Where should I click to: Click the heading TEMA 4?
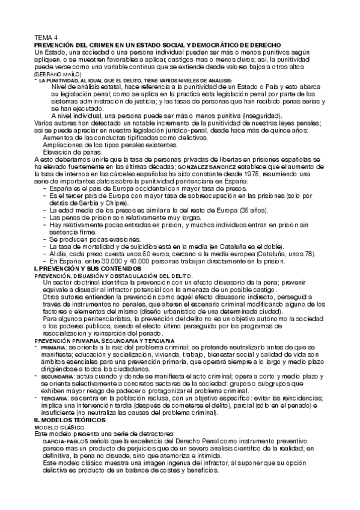tap(46, 37)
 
